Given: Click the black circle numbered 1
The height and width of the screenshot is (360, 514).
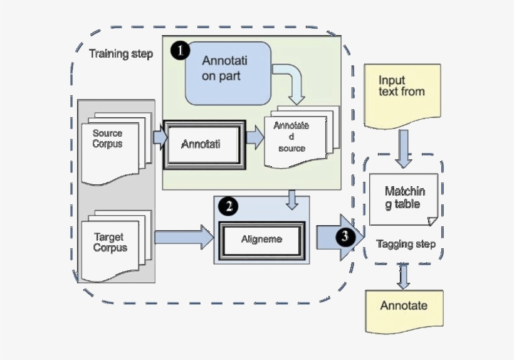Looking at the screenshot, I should click(181, 51).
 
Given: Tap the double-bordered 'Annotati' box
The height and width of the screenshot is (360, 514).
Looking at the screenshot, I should click(202, 144).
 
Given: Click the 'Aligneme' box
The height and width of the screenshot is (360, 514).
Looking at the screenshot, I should click(261, 239).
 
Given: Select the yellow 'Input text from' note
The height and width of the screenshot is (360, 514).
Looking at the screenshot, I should click(401, 93).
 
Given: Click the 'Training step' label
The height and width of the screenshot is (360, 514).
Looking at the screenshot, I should click(121, 54).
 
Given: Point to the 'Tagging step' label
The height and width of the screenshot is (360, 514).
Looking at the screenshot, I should click(405, 244).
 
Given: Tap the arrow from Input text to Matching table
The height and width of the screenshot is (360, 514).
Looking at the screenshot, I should click(403, 149).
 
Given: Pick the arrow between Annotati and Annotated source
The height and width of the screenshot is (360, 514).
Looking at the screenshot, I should click(254, 139).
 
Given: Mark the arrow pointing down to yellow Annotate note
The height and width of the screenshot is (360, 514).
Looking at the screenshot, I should click(403, 277).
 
